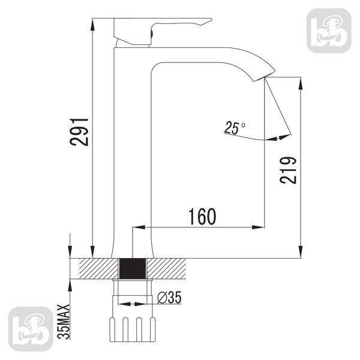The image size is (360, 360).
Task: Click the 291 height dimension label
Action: tap(79, 132)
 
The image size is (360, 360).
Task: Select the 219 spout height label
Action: tap(289, 170)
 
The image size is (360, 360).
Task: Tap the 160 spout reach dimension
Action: tap(202, 217)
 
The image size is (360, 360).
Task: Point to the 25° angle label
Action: tap(235, 127)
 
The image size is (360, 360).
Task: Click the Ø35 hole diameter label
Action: tap(169, 298)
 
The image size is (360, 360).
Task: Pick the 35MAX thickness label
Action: tap(64, 322)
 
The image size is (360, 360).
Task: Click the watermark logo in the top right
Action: tap(329, 31)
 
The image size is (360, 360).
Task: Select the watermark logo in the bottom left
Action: tap(31, 329)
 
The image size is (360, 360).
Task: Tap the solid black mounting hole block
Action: tap(133, 269)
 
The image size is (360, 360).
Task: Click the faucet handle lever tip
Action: tap(211, 19)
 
